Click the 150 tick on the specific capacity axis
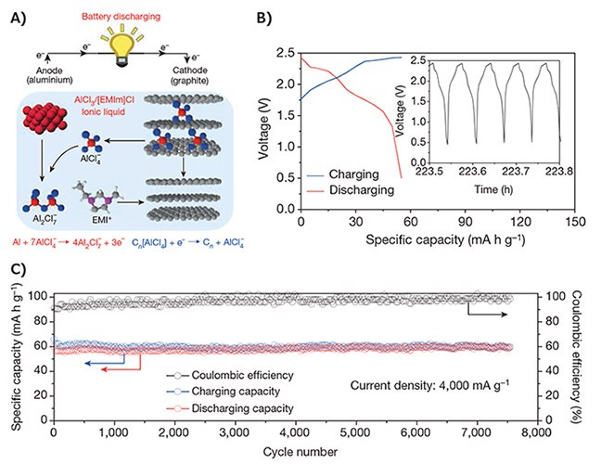(x=575, y=224)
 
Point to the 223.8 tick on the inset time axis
(x=559, y=145)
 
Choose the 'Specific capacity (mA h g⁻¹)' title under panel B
(x=438, y=242)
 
